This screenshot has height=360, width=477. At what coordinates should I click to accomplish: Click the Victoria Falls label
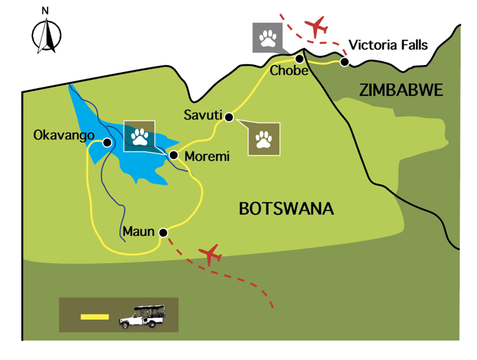point(388,46)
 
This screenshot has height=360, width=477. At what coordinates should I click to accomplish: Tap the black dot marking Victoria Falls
point(344,62)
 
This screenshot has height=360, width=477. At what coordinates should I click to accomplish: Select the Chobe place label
point(289,71)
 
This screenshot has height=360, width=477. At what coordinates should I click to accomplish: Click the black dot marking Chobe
point(299,58)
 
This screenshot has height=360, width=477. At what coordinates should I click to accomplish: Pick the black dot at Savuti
point(229,117)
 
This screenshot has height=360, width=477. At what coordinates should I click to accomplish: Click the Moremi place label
point(207,157)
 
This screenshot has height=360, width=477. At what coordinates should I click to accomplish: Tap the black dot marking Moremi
point(174,155)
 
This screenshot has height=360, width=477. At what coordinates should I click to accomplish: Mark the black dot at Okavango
point(106,141)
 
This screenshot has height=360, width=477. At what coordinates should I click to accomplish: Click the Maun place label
point(138,232)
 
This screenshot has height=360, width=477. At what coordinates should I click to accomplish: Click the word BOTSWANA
point(286,210)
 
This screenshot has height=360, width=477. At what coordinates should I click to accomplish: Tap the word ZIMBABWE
point(401,91)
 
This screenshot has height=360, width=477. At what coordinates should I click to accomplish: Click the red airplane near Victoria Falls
point(318,27)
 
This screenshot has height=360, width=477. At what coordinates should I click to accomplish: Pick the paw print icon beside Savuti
point(264,139)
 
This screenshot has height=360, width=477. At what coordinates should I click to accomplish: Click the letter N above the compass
point(45,11)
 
